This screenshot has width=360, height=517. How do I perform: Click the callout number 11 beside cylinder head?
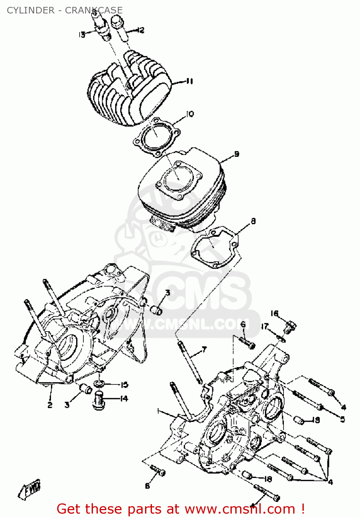point(189,81)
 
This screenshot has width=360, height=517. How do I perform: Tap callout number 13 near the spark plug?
point(82,34)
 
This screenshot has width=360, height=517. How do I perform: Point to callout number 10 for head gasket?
point(190,114)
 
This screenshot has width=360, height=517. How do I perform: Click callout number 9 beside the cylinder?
point(236,154)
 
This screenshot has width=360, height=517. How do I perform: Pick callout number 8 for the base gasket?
point(253,221)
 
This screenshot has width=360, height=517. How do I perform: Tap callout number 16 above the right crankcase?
point(274,313)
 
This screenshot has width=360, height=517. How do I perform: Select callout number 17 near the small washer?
point(264,326)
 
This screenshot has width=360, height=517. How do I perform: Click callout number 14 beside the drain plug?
point(124,398)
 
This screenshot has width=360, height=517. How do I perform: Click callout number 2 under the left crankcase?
point(50,405)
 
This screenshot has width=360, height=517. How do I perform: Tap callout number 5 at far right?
point(342,419)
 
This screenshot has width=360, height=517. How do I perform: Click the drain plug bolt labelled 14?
point(99,401)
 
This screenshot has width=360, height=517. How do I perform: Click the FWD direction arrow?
point(29,489)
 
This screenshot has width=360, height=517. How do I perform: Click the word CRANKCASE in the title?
point(94,10)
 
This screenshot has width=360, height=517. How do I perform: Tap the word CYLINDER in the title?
point(31,10)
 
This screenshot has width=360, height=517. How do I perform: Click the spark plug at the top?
point(102,26)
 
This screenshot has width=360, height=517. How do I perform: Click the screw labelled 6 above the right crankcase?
point(247,342)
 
